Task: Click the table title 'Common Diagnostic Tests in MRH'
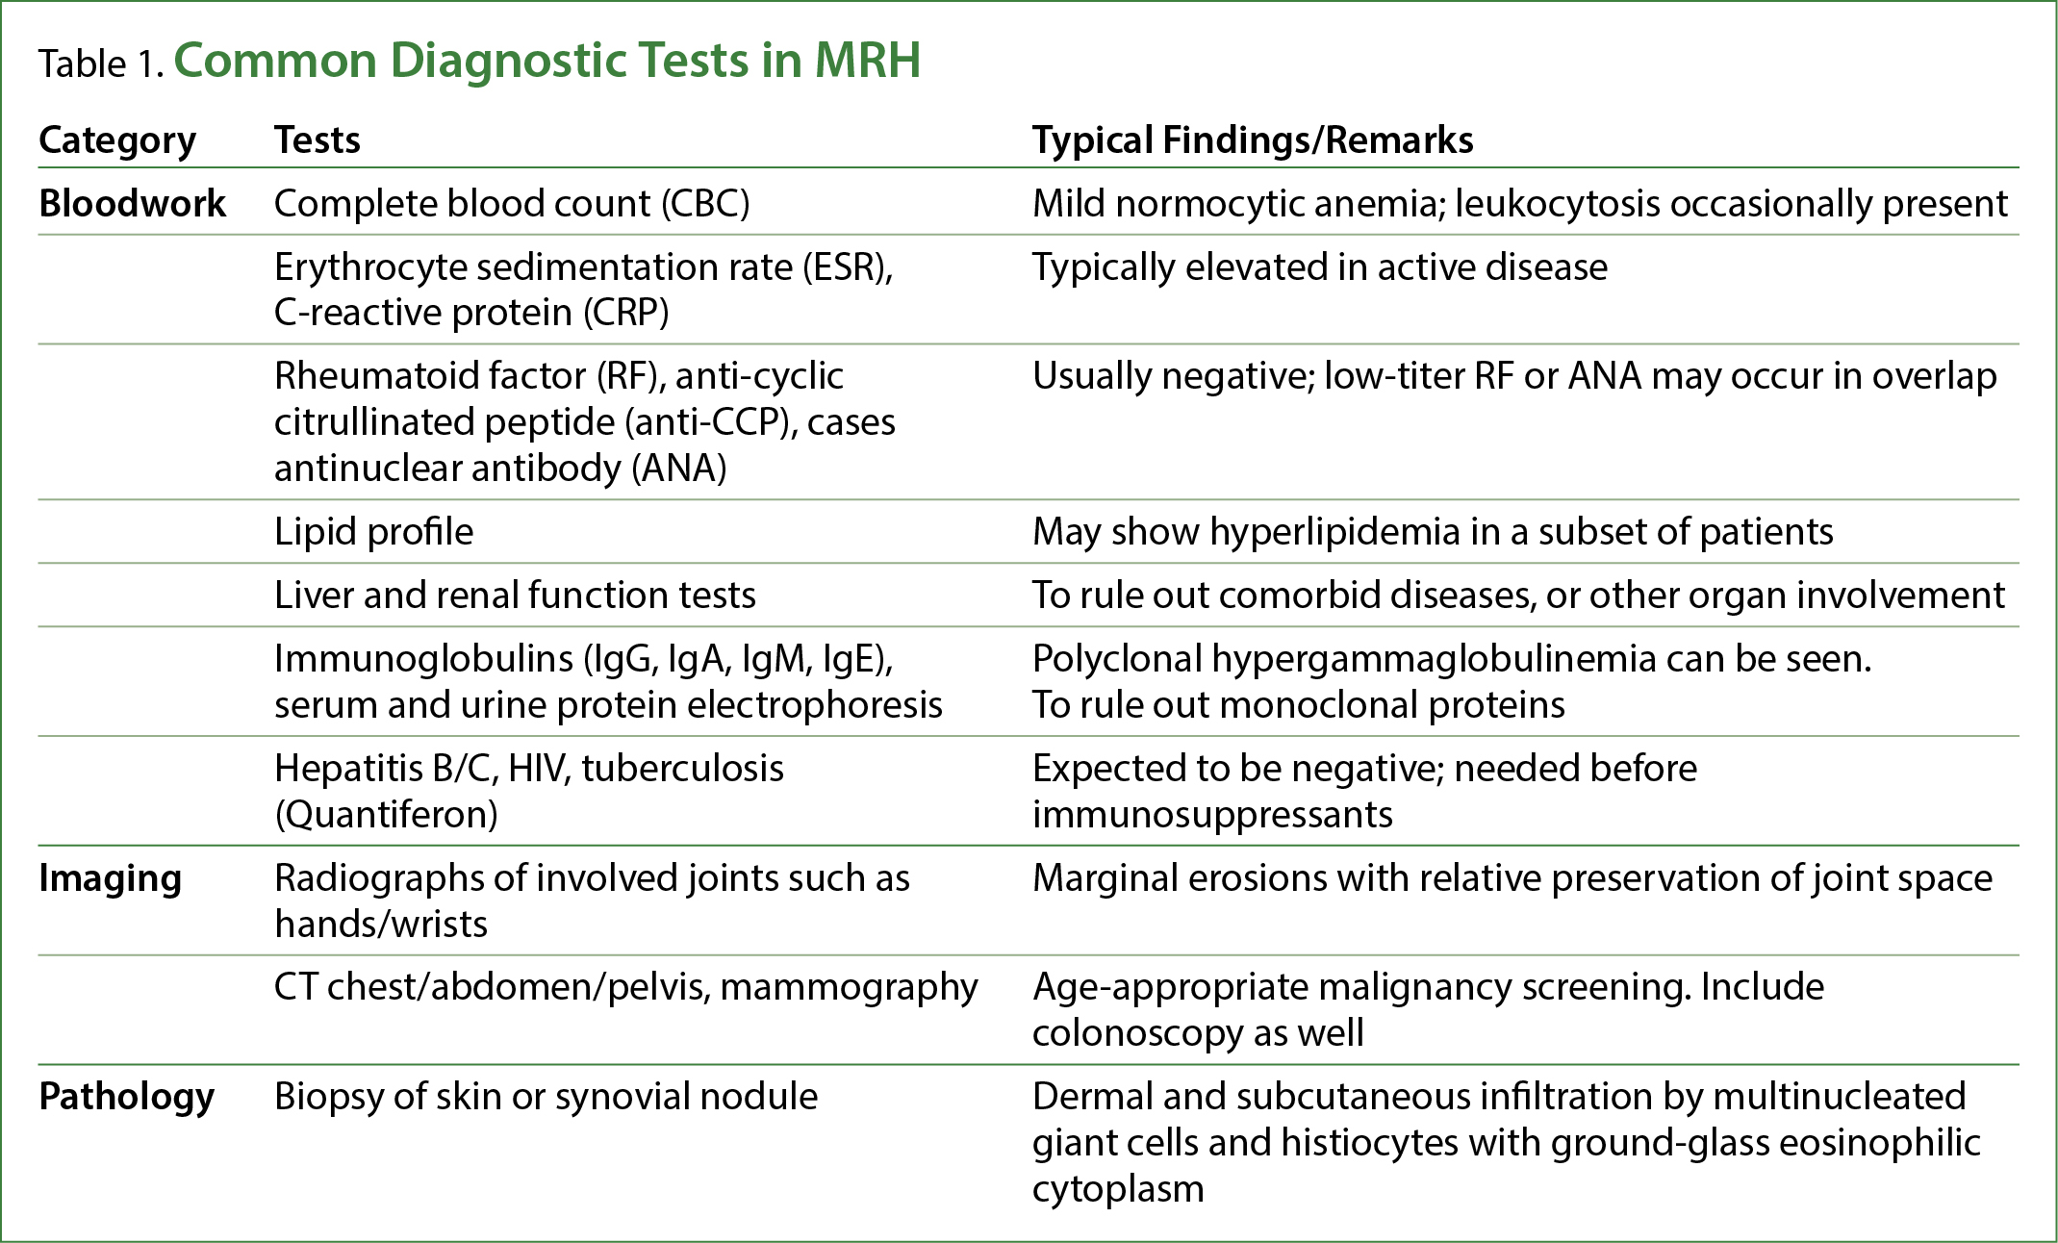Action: click(x=546, y=61)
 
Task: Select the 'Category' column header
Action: click(x=117, y=141)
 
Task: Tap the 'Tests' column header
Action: click(x=318, y=140)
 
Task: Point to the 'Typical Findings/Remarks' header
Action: click(x=1253, y=141)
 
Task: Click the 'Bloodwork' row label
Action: click(x=133, y=204)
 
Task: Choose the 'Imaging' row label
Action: click(x=110, y=879)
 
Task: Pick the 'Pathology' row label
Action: click(x=126, y=1098)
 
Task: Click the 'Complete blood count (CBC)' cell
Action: click(x=512, y=204)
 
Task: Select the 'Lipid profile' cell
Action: click(x=373, y=532)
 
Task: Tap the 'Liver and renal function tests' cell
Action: click(x=515, y=596)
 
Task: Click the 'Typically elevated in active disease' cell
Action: click(x=1320, y=267)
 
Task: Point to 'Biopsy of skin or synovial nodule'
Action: click(x=546, y=1098)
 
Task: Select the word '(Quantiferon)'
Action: click(x=386, y=816)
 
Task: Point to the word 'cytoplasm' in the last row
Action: click(x=1118, y=1190)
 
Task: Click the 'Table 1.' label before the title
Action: click(x=101, y=64)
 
